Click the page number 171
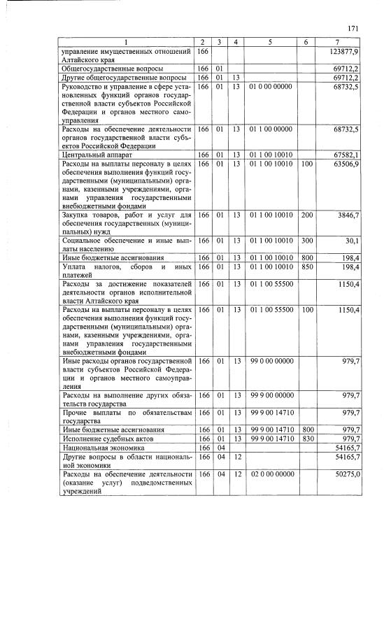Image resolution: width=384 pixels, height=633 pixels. (352, 28)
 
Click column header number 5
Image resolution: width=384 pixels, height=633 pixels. (270, 43)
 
